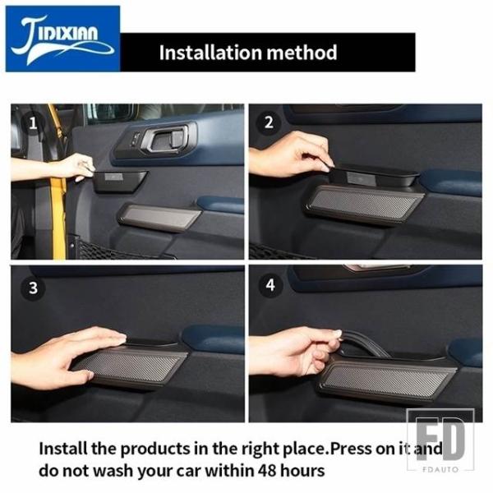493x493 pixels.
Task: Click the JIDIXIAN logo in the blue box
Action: [x=63, y=39]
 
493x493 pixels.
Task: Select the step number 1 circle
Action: [x=33, y=123]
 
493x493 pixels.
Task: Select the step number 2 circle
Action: [x=268, y=122]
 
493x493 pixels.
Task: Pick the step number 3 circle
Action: [x=33, y=288]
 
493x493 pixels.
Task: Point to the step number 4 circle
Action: [x=270, y=285]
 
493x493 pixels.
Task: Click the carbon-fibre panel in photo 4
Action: [x=387, y=381]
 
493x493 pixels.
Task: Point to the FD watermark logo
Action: [x=440, y=439]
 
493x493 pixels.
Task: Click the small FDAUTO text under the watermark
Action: [x=440, y=469]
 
